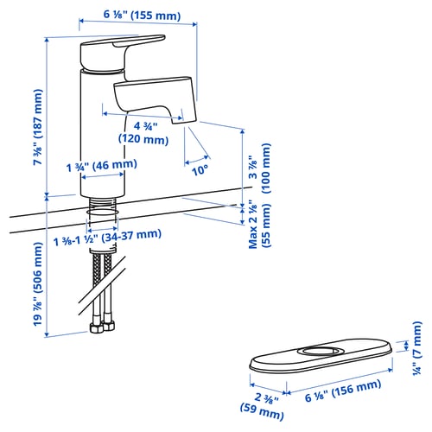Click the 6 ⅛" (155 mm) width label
tap(142, 15)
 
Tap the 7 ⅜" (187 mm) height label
tap(38, 127)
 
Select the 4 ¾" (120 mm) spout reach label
tap(143, 133)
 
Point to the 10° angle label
tap(200, 170)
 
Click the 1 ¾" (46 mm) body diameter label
tap(102, 165)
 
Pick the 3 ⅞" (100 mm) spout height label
tap(260, 168)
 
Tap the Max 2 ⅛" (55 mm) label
tap(260, 226)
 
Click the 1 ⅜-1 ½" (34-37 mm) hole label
tap(107, 237)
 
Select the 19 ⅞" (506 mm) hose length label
tap(38, 283)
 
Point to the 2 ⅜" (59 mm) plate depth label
tap(263, 406)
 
